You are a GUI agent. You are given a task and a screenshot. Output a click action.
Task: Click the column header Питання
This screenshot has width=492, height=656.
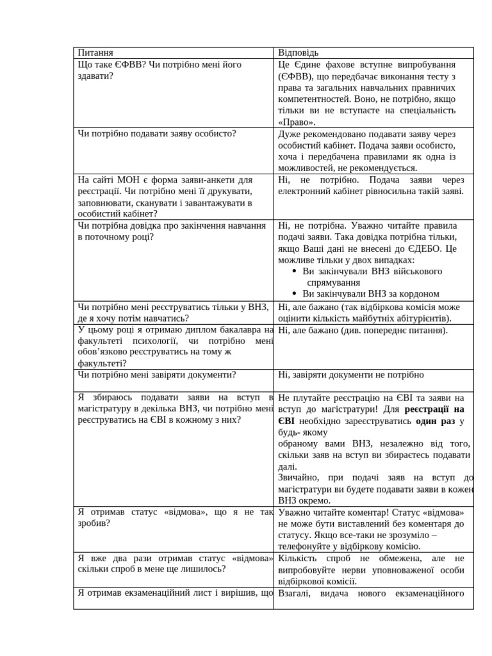coord(95,53)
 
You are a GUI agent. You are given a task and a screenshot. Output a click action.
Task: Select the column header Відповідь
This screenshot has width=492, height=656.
coord(298,53)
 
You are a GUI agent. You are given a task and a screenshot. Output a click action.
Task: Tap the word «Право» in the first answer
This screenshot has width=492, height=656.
coord(297,122)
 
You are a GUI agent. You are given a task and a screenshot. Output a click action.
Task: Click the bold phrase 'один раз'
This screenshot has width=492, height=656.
coord(435,421)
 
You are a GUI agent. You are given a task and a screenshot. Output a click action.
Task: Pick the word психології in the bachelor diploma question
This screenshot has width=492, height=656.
coord(151,341)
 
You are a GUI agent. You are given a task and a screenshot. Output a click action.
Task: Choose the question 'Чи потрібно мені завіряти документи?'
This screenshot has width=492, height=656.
coord(157,375)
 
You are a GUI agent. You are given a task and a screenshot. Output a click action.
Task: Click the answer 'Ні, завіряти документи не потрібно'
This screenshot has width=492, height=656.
coord(351,375)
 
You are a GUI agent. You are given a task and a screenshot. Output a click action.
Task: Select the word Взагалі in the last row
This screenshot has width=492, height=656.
coord(295,593)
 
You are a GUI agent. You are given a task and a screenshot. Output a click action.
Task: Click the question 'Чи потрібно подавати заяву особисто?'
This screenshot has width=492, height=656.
coord(157,133)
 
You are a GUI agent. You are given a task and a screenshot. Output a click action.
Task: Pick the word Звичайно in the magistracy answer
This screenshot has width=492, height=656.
coord(299,478)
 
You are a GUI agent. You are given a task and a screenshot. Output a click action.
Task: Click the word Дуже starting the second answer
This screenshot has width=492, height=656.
coord(290,134)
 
